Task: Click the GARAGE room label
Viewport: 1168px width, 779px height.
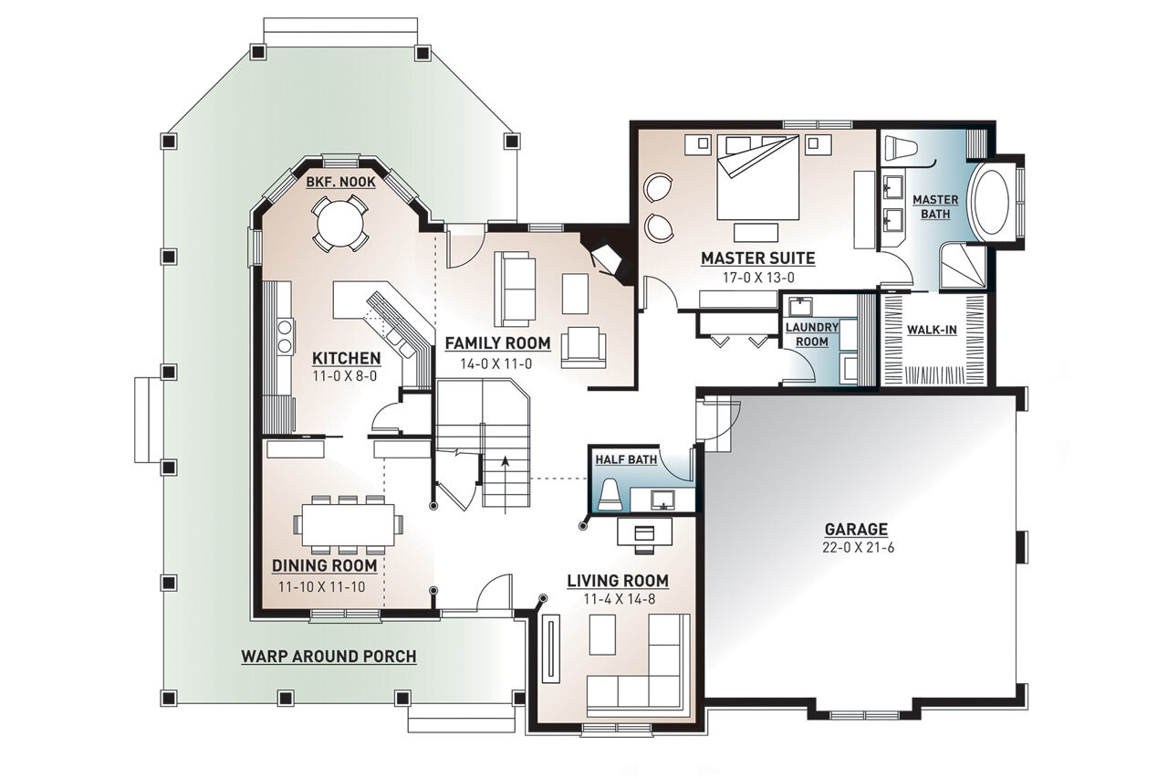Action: coord(856,529)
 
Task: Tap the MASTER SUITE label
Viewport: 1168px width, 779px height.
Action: coord(757,258)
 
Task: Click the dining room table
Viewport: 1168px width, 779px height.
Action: coord(347,524)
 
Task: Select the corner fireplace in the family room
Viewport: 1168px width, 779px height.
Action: coord(605,260)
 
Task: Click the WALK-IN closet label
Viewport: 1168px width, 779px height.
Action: coord(932,330)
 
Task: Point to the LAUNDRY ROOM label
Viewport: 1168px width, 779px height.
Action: coord(811,334)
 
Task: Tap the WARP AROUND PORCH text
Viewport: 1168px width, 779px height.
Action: coord(328,656)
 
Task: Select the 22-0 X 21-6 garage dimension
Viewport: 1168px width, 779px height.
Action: coord(856,547)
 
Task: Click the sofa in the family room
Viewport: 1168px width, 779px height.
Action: coord(515,288)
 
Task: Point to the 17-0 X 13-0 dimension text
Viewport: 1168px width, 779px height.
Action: coord(757,277)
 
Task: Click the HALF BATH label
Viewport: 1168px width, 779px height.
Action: coord(626,459)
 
